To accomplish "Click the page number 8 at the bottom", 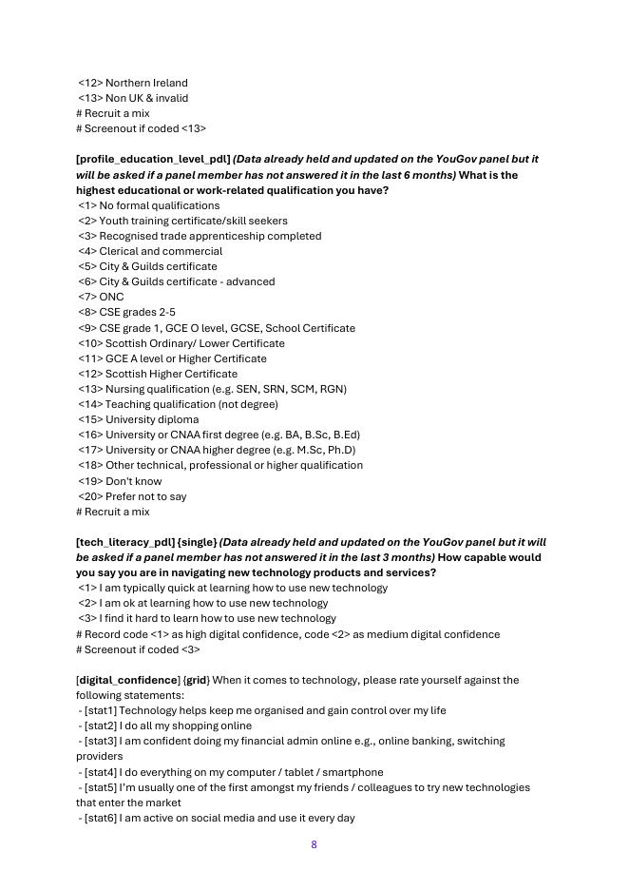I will [x=314, y=844].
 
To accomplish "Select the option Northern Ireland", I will [x=146, y=83].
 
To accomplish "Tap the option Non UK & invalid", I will [x=146, y=98].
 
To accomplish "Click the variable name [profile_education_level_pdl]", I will [x=153, y=160].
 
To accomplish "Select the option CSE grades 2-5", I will [x=137, y=312].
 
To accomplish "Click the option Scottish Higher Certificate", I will [x=171, y=374].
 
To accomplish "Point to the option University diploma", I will [x=152, y=419].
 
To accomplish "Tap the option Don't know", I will [x=133, y=481].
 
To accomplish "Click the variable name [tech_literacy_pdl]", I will [x=124, y=543].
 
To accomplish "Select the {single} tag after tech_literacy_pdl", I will [x=197, y=543].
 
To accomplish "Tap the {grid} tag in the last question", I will [x=196, y=681].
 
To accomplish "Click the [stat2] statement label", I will [x=101, y=726].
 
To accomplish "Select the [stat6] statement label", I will [x=101, y=819].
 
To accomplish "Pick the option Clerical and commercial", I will [x=161, y=251].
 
